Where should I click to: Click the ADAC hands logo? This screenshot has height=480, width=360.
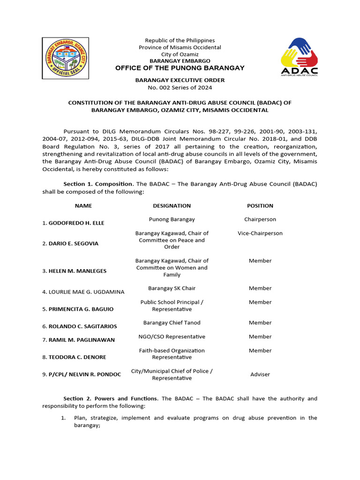299,56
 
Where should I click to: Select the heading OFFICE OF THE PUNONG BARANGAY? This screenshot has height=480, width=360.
180,68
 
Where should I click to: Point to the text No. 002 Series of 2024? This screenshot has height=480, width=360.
180,87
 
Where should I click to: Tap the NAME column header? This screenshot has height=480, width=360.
83,206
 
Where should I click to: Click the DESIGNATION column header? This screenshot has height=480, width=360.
172,206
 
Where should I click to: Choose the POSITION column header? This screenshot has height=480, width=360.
260,206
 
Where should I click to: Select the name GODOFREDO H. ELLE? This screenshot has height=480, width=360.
73,223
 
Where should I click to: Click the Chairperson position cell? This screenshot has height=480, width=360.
260,219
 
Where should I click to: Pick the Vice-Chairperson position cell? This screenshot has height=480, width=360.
260,233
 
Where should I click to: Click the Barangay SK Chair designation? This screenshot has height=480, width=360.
172,288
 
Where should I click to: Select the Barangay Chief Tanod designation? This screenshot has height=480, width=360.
172,322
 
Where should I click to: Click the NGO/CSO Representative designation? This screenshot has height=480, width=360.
172,337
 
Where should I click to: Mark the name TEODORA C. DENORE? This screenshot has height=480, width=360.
74,357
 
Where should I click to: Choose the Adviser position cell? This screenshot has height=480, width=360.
260,375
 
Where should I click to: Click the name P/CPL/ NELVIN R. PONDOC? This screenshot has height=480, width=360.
82,375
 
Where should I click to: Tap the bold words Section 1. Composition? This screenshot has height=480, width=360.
98,184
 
